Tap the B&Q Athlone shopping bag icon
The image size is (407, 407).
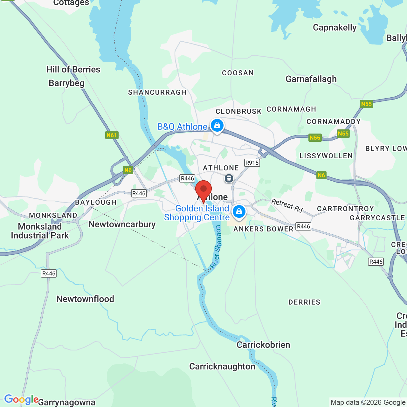(x=217, y=125)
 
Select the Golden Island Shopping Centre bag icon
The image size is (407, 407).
(x=239, y=211)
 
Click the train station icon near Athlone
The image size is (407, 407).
(x=229, y=178)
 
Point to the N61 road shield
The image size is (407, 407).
(x=112, y=135)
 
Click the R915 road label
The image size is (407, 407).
(x=252, y=163)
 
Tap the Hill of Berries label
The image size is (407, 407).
(x=73, y=69)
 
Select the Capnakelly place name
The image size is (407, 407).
(x=335, y=28)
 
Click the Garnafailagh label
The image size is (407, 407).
(x=311, y=79)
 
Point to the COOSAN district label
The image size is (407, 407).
(x=238, y=73)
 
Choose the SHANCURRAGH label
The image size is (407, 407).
(x=157, y=92)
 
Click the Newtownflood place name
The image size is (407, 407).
(x=85, y=299)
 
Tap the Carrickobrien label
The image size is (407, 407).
(x=263, y=345)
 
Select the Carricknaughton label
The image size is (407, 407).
(x=222, y=366)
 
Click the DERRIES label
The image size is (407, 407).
(x=304, y=302)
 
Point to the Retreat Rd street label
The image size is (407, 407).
(x=287, y=205)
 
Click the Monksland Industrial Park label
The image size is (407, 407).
(x=40, y=231)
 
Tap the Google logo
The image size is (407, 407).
(x=21, y=399)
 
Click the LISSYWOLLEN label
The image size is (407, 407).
(x=326, y=156)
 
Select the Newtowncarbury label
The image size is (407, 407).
(x=122, y=224)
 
